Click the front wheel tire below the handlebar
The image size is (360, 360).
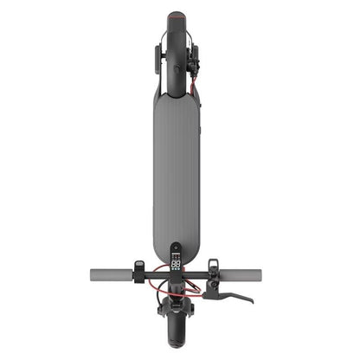tap(180, 334)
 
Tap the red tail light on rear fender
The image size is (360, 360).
tap(178, 16)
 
